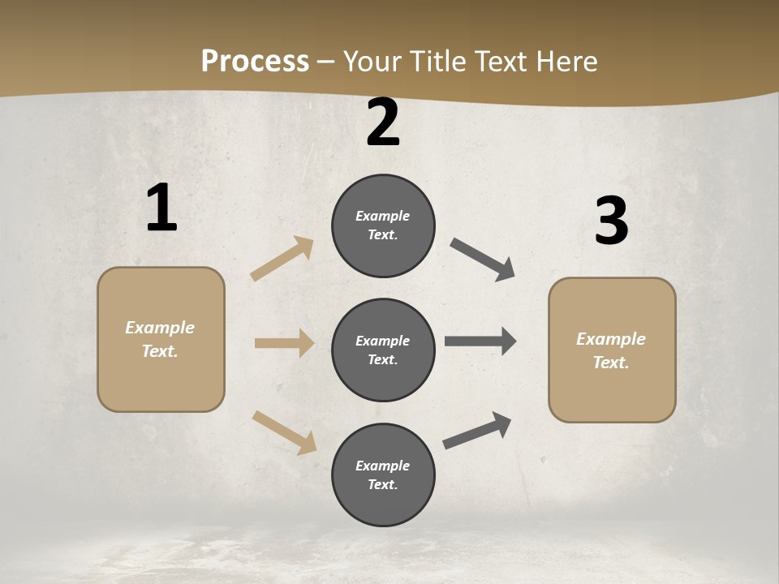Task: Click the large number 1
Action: coord(161,208)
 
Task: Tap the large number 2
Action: coord(383,122)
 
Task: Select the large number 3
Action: coord(611,221)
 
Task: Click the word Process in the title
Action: coord(255,61)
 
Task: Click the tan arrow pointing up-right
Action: coord(282,258)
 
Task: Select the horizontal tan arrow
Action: coord(284,343)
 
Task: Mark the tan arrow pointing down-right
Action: coord(284,432)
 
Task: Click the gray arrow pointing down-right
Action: coord(483,260)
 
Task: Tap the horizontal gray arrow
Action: coord(480,341)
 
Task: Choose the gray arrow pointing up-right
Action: coord(477,430)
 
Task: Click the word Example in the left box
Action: coord(160,328)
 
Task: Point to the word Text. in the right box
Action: coord(611,363)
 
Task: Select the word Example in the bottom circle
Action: coord(383,466)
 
